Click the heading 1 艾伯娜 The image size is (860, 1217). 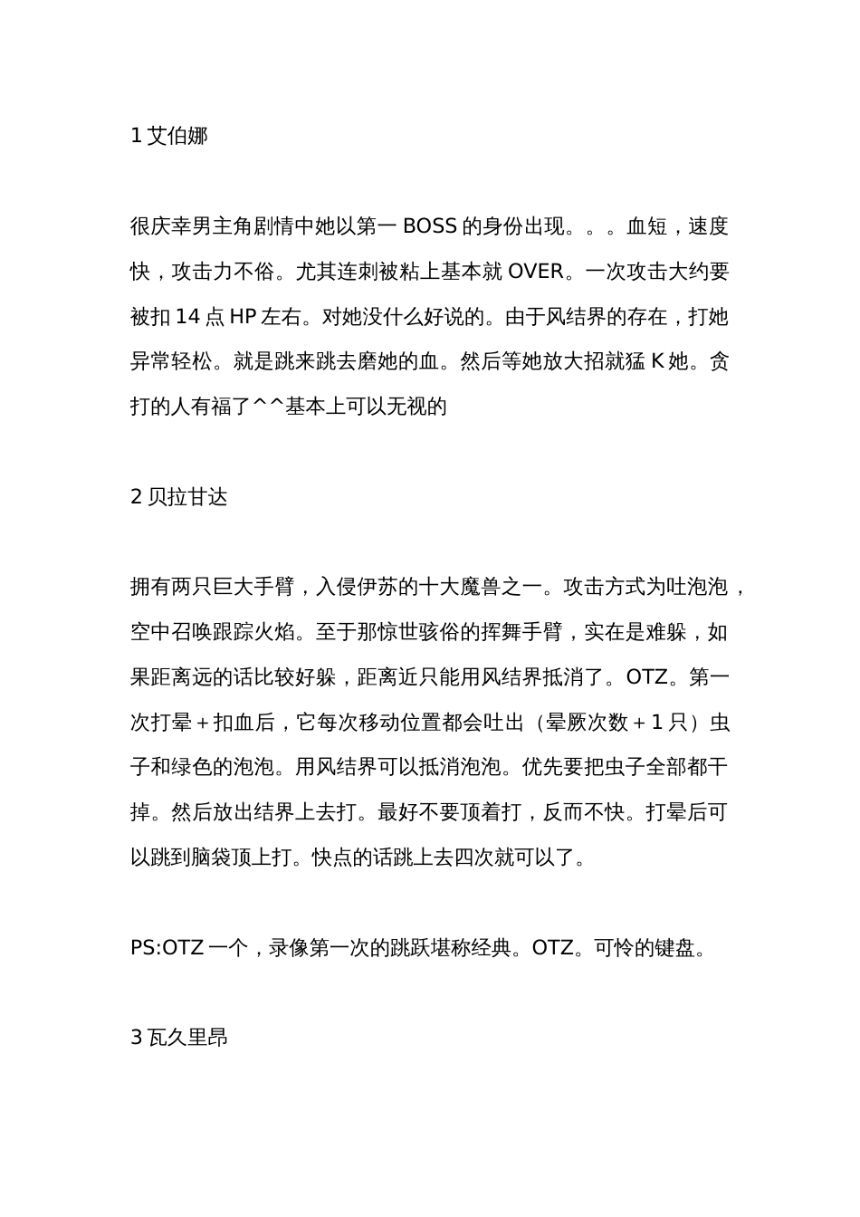(169, 136)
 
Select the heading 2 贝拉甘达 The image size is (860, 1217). (179, 496)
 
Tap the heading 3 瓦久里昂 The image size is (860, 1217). (179, 1037)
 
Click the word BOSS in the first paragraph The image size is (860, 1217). (429, 226)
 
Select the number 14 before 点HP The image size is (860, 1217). (187, 317)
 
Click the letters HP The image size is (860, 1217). (243, 317)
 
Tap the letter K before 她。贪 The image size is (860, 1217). (658, 362)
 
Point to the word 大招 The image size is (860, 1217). (584, 362)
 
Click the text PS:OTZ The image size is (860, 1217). (167, 947)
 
